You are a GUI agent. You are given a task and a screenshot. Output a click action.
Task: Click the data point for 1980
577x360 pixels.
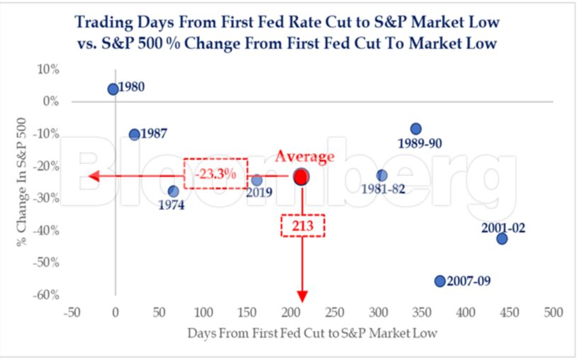[113, 89]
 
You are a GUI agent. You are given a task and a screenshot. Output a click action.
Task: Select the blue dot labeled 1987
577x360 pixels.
[135, 134]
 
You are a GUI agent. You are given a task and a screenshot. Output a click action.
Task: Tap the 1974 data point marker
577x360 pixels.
[174, 191]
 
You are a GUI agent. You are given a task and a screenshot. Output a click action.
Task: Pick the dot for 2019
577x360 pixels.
[257, 180]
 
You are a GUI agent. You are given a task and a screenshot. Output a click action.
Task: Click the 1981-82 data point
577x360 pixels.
[382, 176]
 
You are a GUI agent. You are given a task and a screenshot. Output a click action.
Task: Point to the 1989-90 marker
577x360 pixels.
[416, 129]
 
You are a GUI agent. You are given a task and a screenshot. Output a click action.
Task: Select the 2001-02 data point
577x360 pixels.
[502, 239]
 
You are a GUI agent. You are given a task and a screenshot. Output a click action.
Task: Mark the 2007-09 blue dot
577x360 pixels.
[440, 281]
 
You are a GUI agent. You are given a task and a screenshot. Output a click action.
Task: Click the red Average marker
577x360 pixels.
[301, 177]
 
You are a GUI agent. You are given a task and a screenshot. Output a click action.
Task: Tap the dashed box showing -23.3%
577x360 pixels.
[215, 174]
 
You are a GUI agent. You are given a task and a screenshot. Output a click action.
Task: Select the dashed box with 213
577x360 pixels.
[303, 225]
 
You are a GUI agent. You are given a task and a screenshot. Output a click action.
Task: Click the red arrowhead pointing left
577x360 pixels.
[94, 176]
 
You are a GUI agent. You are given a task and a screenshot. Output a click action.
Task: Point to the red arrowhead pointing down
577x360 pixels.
[302, 296]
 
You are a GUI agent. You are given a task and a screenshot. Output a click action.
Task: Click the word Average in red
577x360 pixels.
[305, 157]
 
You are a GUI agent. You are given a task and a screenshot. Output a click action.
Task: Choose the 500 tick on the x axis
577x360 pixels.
[553, 313]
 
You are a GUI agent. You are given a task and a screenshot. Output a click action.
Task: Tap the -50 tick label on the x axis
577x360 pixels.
[72, 313]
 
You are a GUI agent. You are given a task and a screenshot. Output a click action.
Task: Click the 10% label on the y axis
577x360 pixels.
[47, 69]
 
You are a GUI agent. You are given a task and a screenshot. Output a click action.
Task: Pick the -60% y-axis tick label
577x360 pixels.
[45, 295]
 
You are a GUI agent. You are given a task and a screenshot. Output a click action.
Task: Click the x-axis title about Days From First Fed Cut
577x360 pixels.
[312, 333]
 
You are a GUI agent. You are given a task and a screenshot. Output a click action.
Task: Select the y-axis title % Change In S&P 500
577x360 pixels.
[22, 182]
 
